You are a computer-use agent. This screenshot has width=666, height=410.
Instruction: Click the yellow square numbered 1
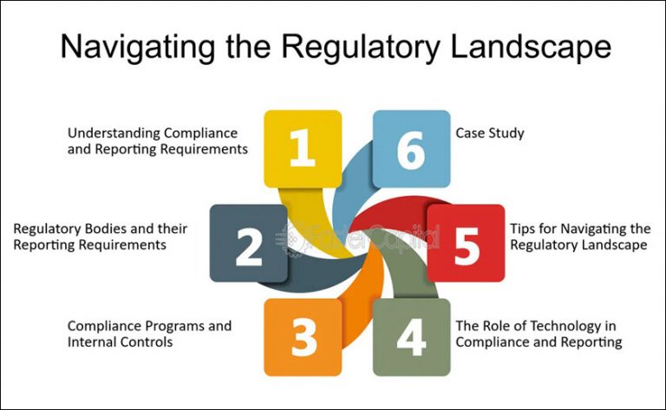coord(302,148)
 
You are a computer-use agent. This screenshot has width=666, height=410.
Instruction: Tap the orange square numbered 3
coord(303,337)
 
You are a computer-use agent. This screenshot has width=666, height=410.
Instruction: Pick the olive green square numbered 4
coord(411,337)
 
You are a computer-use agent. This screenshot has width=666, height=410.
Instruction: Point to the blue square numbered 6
coord(411,148)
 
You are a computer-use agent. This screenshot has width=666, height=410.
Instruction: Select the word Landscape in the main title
coord(522,47)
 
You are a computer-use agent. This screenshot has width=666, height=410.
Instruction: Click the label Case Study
coord(490,133)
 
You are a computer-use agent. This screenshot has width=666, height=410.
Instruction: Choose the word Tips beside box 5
coord(524,229)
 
